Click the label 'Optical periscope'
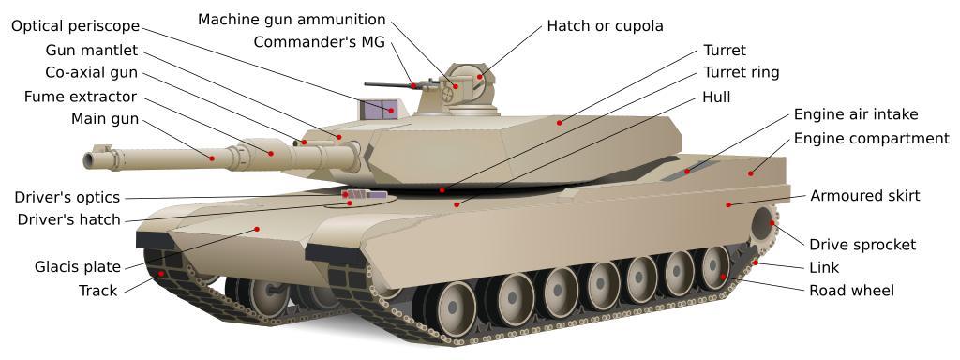click(75, 26)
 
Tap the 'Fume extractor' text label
click(81, 97)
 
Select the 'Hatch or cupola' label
click(605, 25)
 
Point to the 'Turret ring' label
click(741, 72)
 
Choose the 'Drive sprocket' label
click(862, 245)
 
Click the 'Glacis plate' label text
click(78, 267)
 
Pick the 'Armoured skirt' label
click(865, 196)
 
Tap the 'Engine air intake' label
click(856, 114)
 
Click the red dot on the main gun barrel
click(212, 157)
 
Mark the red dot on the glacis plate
click(257, 229)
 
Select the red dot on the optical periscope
click(390, 111)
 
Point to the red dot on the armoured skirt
click(728, 204)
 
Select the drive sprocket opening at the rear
click(763, 225)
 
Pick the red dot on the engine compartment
click(751, 173)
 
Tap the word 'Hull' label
click(716, 97)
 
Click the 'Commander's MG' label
click(320, 42)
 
